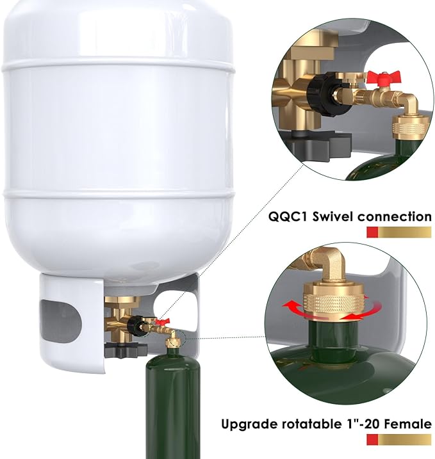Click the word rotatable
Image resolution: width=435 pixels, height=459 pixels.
tap(306, 424)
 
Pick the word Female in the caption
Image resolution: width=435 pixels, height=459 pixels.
tap(408, 424)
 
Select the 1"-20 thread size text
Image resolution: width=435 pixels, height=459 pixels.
tap(360, 424)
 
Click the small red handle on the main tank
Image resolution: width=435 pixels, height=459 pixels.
tap(165, 320)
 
